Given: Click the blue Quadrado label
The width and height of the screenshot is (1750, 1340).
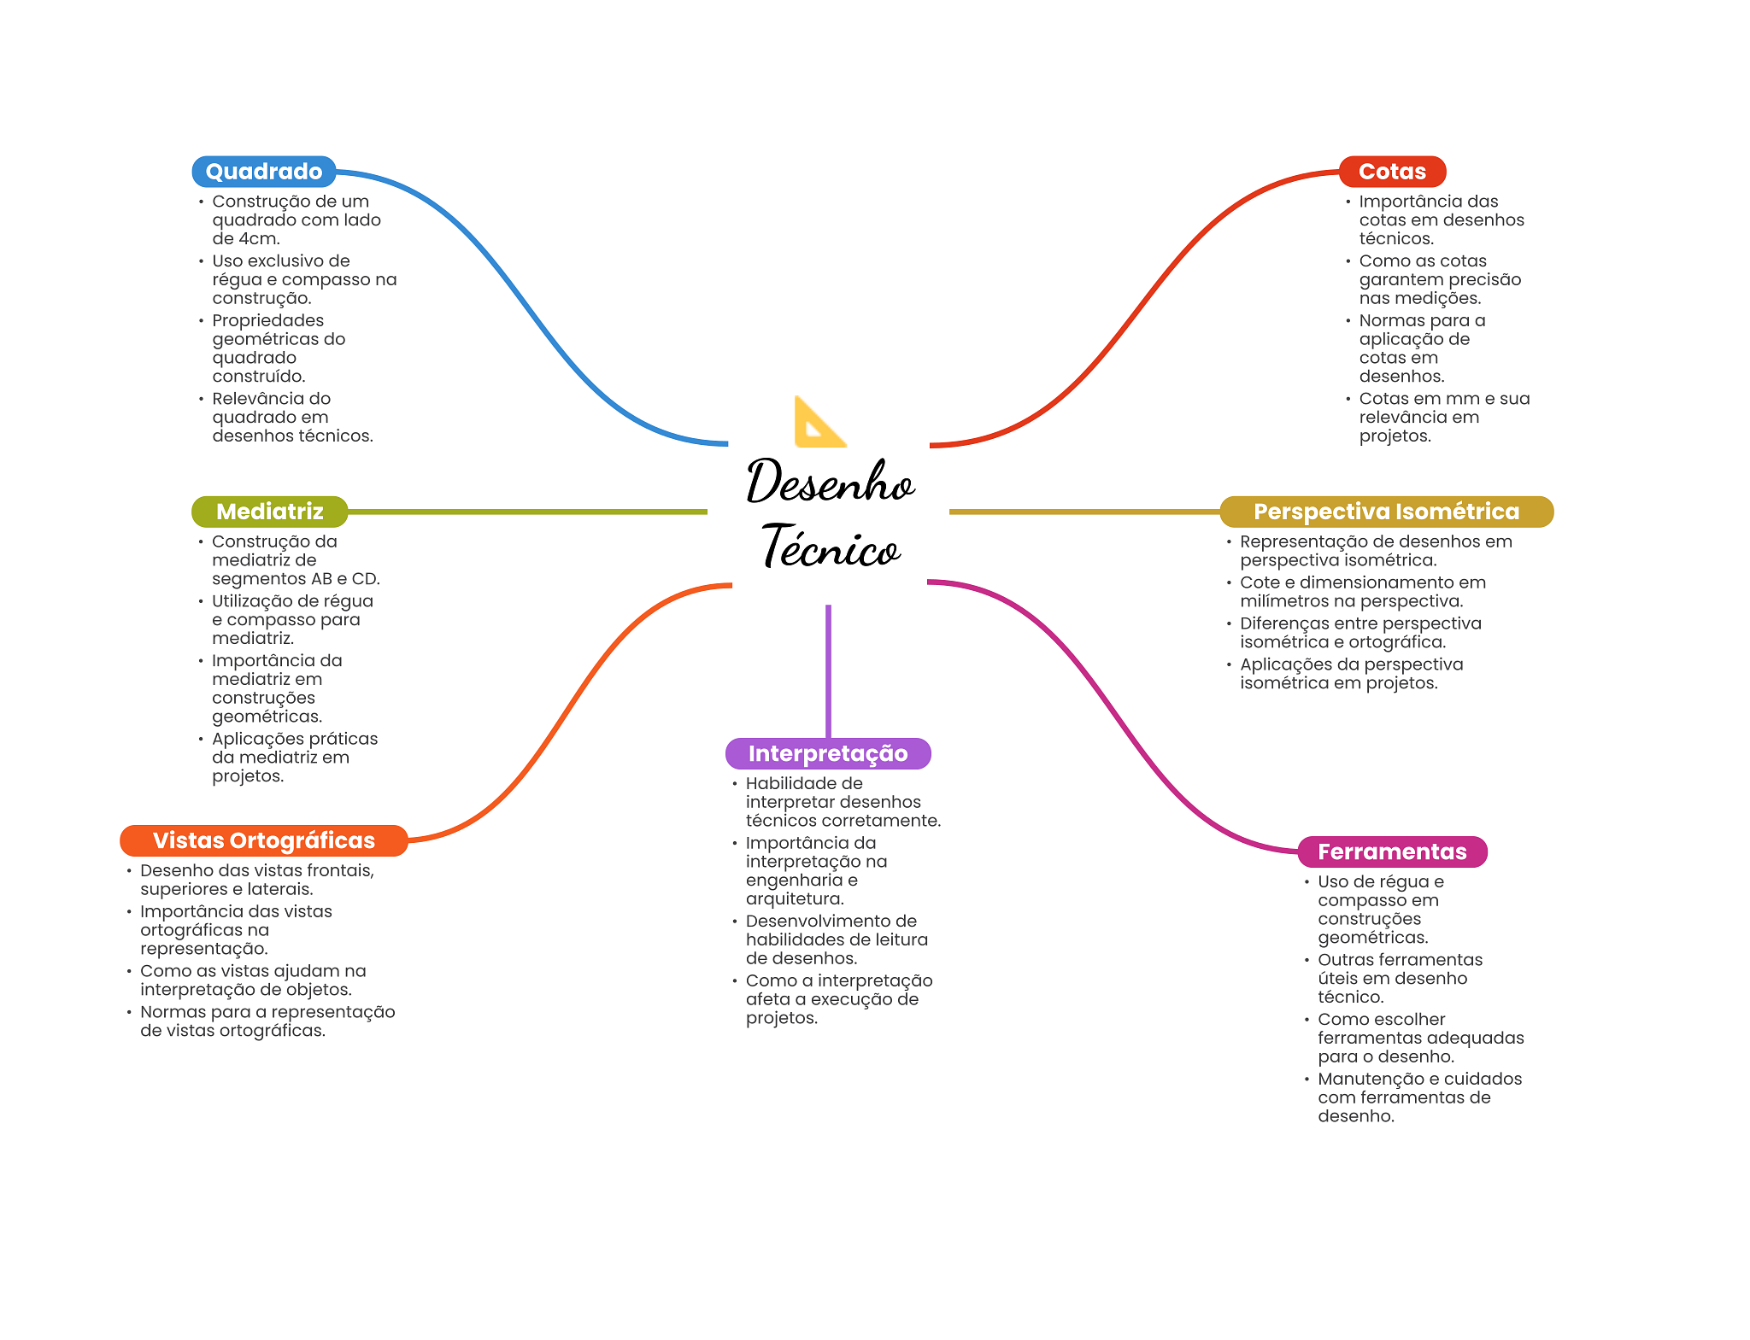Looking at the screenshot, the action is (x=263, y=172).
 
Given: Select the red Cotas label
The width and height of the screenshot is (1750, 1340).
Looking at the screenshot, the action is (x=1391, y=172).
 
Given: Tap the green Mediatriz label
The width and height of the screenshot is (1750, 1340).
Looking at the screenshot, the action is (x=269, y=512).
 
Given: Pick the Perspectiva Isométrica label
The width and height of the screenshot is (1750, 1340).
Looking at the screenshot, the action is (x=1385, y=512).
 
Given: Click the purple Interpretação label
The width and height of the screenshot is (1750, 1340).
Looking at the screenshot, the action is (x=827, y=753).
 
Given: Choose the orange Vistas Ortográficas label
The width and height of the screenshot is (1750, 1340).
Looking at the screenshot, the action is (x=263, y=840).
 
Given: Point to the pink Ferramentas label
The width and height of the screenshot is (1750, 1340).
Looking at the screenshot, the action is (x=1391, y=851).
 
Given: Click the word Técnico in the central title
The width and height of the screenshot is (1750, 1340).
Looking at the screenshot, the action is (x=831, y=547).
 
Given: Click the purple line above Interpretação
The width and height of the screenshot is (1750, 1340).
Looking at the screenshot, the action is (x=828, y=670).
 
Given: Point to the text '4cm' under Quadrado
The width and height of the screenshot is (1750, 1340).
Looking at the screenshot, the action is (x=258, y=239).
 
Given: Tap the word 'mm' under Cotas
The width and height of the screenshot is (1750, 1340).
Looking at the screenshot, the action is (x=1463, y=399).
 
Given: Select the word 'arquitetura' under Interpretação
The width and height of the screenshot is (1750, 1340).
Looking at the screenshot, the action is (x=793, y=899).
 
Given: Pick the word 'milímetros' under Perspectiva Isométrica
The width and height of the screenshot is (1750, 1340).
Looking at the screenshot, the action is (x=1282, y=601).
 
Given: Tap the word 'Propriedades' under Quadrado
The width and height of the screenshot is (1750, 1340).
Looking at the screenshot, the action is (x=267, y=321).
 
